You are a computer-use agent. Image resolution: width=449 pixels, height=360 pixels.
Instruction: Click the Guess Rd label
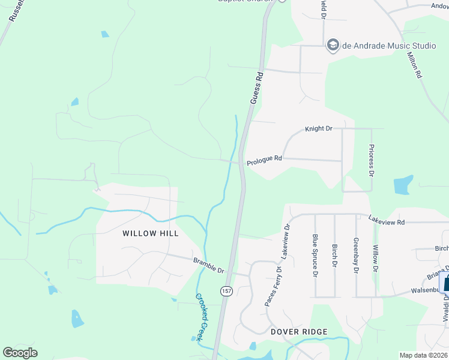pos(257,88)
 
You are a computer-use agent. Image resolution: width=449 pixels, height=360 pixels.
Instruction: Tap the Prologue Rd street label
pos(264,159)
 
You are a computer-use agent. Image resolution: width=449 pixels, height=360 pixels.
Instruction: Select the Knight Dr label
pos(318,129)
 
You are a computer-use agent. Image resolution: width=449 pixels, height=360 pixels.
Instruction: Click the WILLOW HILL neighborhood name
pos(151,233)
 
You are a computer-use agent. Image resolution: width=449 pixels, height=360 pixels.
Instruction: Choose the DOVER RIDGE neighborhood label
pos(299,332)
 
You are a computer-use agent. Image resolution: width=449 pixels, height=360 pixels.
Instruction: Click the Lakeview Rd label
pos(387,221)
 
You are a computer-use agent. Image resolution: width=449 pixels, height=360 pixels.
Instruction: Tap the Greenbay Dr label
pos(355,255)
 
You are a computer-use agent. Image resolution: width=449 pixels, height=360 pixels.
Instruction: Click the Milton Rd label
pos(415,64)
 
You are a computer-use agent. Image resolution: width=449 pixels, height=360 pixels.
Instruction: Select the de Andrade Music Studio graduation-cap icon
pos(333,45)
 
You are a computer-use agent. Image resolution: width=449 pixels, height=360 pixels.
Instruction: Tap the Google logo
pos(20,353)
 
